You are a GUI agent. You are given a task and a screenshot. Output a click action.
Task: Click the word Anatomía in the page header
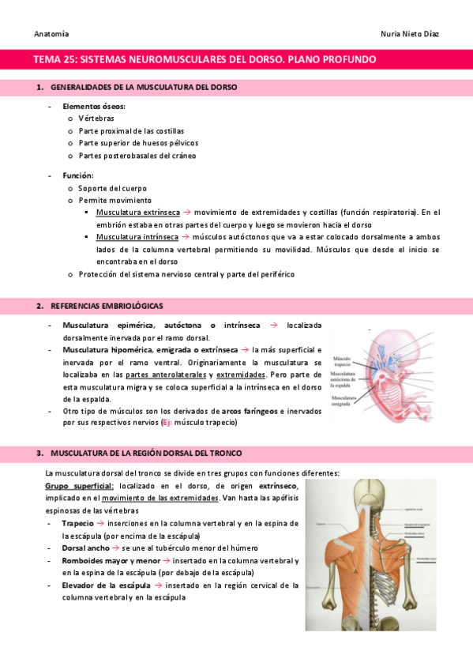coord(51,33)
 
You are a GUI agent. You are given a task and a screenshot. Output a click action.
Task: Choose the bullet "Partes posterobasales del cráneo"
coord(137,156)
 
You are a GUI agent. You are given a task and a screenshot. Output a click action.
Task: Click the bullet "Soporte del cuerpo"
coord(112,189)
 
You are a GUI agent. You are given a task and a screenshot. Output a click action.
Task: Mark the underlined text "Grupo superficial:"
coord(80,486)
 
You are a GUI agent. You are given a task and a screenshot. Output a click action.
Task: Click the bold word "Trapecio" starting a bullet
coord(77,523)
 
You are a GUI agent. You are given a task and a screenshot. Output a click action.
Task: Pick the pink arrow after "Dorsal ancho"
coord(114,548)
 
